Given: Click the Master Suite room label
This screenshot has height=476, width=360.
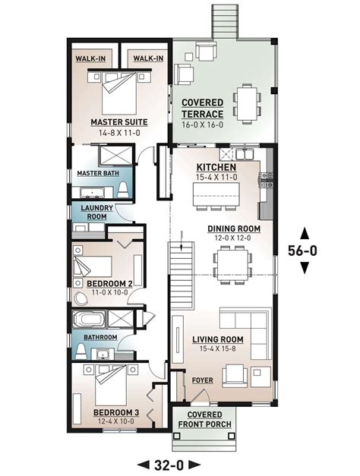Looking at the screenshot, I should pos(118,121).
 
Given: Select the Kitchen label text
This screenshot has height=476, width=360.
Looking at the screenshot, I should pos(216,167).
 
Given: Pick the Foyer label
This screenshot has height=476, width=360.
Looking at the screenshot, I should pos(201,377).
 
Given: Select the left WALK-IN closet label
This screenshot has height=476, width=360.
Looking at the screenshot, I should pos(91,58).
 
